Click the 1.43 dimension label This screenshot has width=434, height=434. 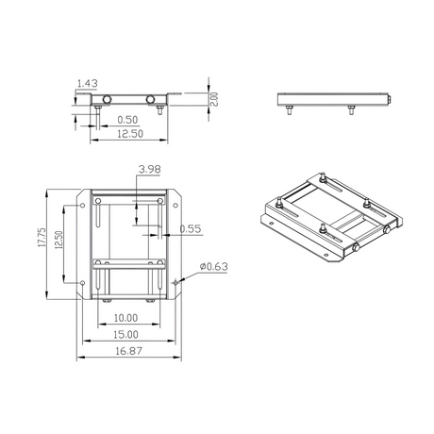(x=88, y=84)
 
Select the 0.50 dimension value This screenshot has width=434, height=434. (x=127, y=120)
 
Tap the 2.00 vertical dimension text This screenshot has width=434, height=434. (x=213, y=99)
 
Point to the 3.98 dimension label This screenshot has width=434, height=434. (x=149, y=170)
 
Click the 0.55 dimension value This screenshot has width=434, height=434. (x=191, y=228)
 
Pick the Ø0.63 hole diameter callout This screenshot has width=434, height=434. (x=213, y=267)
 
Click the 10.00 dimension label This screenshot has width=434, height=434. (x=125, y=318)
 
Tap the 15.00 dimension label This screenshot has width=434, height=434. (x=125, y=335)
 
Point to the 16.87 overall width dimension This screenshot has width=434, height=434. (x=128, y=351)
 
